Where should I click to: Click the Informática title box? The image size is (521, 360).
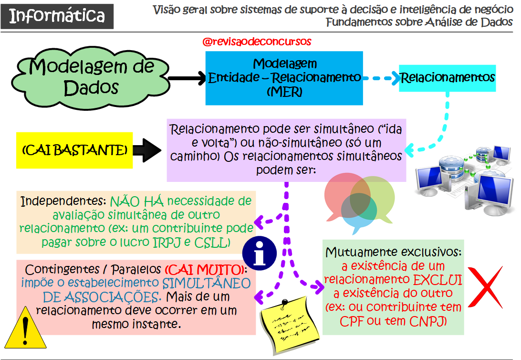(57, 16)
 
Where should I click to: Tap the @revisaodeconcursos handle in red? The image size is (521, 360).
(257, 42)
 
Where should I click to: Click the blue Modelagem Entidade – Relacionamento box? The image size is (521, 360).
(285, 78)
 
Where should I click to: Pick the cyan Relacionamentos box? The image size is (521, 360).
(448, 77)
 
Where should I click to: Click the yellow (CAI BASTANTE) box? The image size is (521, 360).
(74, 150)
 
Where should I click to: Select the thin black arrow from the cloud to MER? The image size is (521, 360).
(187, 77)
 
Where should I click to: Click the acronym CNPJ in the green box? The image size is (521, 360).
(427, 321)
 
